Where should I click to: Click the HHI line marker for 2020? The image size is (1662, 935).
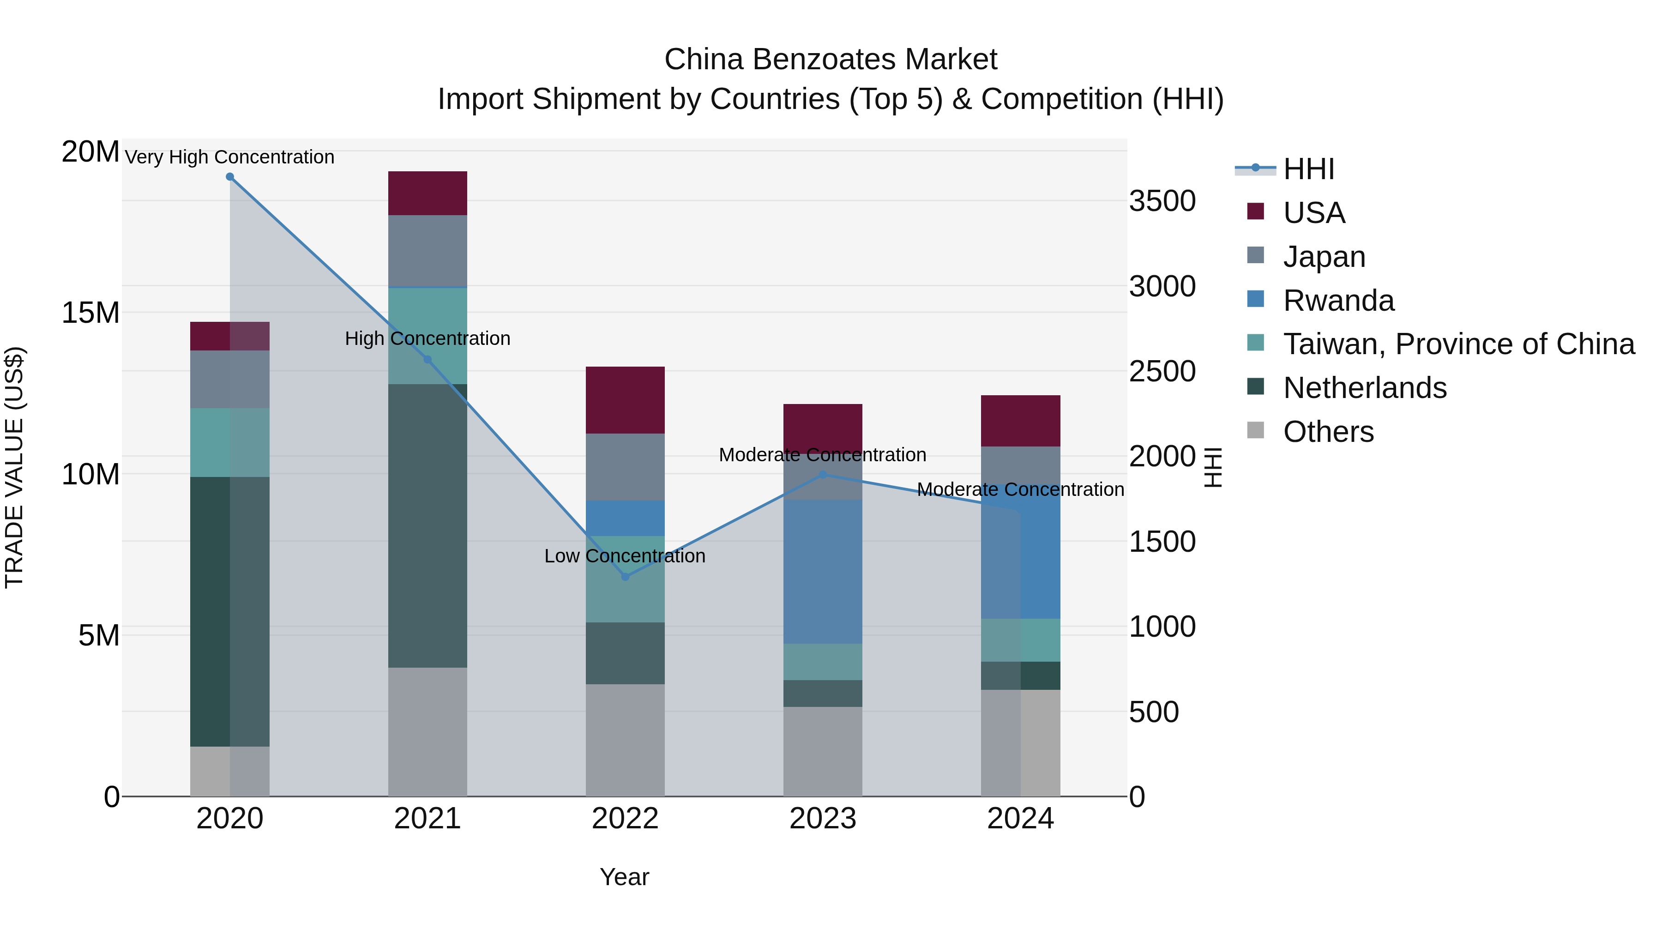tap(230, 177)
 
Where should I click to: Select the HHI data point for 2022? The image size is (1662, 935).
tap(625, 576)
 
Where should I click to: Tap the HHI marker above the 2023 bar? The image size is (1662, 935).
tap(823, 475)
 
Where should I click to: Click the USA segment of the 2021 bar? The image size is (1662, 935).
tap(427, 193)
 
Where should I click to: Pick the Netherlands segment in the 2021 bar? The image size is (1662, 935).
tap(427, 526)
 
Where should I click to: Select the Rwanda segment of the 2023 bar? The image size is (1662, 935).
tap(823, 571)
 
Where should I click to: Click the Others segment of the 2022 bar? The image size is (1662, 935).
tap(625, 740)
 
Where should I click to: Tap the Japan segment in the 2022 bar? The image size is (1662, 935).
tap(625, 466)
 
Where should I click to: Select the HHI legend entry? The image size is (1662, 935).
tap(1308, 169)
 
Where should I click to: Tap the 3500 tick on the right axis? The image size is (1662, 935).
tap(1162, 201)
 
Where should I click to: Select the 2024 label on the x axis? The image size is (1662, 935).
tap(1020, 819)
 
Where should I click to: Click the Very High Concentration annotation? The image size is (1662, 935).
tap(230, 157)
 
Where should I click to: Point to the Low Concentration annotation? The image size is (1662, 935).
tap(625, 555)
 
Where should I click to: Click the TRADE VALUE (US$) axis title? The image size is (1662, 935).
tap(14, 467)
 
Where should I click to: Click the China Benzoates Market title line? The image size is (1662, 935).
tap(831, 60)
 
